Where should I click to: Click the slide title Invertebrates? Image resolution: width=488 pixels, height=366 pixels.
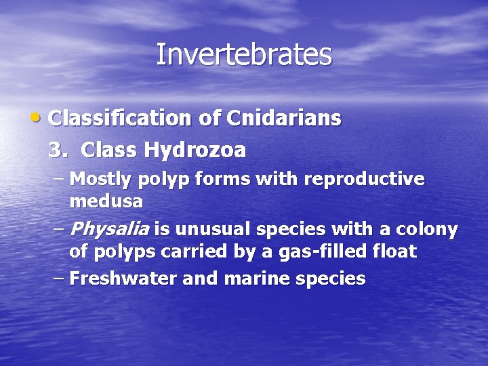(x=244, y=55)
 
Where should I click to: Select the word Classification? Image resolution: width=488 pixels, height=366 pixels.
(x=121, y=119)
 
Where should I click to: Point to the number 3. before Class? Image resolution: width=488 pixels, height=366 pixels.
(x=58, y=150)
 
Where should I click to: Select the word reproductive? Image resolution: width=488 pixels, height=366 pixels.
(x=365, y=180)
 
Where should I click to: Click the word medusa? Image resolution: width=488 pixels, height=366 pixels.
(x=106, y=201)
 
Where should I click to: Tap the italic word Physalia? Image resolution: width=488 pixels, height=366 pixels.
(x=108, y=229)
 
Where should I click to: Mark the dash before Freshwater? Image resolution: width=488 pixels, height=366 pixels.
(x=59, y=278)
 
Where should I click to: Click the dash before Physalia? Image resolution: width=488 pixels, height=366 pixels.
(x=59, y=229)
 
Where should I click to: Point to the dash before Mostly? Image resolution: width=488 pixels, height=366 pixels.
(x=59, y=180)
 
